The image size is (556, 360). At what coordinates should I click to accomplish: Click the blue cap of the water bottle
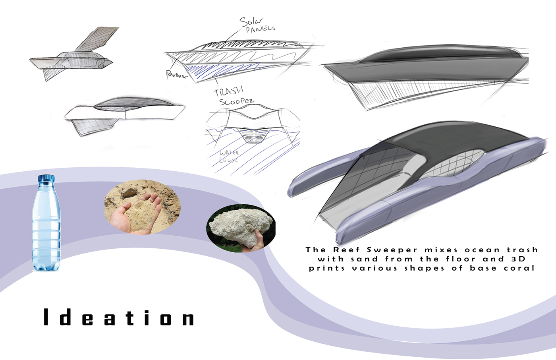point(46,178)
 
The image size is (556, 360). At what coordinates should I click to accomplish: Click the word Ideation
point(119,318)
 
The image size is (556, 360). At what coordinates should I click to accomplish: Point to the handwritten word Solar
point(251,22)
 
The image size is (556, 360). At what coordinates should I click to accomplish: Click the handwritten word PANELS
point(260,29)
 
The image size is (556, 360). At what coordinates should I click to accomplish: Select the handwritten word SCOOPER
point(236,101)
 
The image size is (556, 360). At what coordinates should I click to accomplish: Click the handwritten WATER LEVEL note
point(229,156)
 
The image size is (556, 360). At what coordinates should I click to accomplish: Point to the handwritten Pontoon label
point(176,75)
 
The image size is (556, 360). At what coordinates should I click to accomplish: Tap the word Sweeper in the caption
point(392,250)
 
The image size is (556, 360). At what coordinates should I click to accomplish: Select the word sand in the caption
point(365,259)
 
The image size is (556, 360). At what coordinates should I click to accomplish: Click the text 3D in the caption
point(518,259)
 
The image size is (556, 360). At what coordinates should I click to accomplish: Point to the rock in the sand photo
point(128,193)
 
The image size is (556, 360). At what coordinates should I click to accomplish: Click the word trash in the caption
point(522,250)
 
